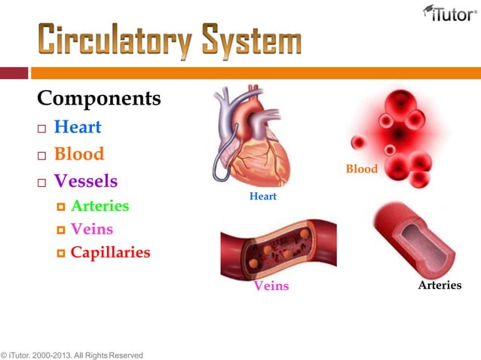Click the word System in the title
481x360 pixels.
pyautogui.click(x=250, y=41)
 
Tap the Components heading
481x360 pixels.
pyautogui.click(x=99, y=98)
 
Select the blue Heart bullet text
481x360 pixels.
pyautogui.click(x=78, y=127)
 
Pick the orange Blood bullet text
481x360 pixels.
pyautogui.click(x=79, y=154)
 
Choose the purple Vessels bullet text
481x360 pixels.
pyautogui.click(x=86, y=182)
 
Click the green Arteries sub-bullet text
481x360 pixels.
pyautogui.click(x=100, y=206)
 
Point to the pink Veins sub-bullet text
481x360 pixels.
pyautogui.click(x=91, y=229)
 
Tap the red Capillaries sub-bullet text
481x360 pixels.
pyautogui.click(x=110, y=252)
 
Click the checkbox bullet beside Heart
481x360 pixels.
pyautogui.click(x=42, y=129)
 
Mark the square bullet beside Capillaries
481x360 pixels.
pyautogui.click(x=61, y=254)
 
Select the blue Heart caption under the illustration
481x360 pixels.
pyautogui.click(x=262, y=197)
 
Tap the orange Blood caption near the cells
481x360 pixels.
pyautogui.click(x=361, y=169)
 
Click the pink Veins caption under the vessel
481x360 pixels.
pyautogui.click(x=271, y=286)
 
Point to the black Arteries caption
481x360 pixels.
pyautogui.click(x=440, y=285)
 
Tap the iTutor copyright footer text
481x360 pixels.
pyautogui.click(x=72, y=354)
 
